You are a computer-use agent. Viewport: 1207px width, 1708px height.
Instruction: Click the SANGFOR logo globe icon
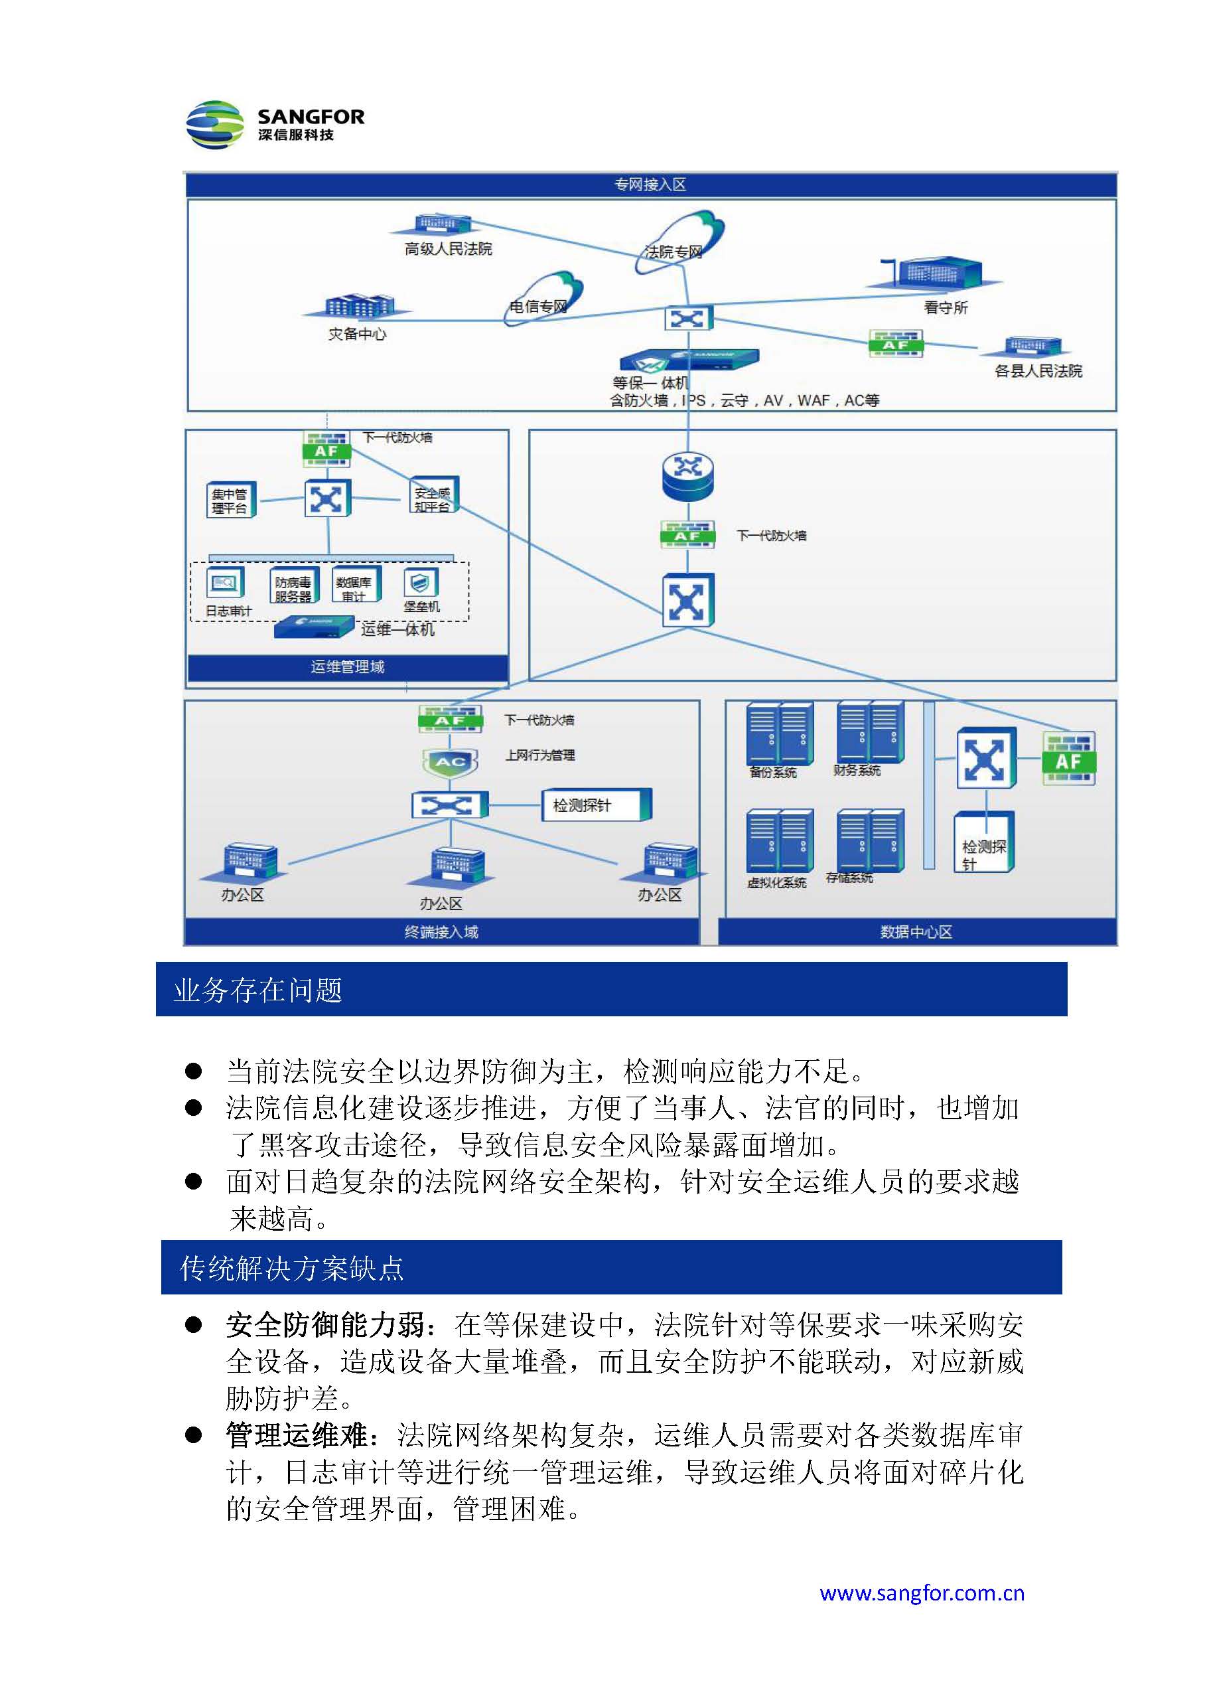point(214,125)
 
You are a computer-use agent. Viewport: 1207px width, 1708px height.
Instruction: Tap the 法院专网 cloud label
point(673,252)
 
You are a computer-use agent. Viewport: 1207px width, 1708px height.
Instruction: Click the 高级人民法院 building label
point(448,249)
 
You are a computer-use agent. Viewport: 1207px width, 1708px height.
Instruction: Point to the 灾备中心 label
point(357,334)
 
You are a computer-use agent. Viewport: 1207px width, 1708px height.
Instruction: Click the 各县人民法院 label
point(1038,370)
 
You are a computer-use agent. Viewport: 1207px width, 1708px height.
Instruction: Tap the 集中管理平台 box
point(230,501)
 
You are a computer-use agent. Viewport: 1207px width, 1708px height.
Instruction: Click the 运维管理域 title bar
point(347,666)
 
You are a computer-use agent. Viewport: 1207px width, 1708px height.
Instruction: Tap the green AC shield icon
point(449,762)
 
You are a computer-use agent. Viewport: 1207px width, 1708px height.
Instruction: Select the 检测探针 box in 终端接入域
point(595,805)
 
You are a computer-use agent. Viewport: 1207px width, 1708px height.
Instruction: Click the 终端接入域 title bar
point(441,931)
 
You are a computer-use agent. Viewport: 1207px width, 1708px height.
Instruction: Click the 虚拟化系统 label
point(776,883)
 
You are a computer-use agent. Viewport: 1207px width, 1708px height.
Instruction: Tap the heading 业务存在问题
point(258,990)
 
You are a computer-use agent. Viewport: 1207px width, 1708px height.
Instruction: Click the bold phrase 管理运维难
point(296,1435)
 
